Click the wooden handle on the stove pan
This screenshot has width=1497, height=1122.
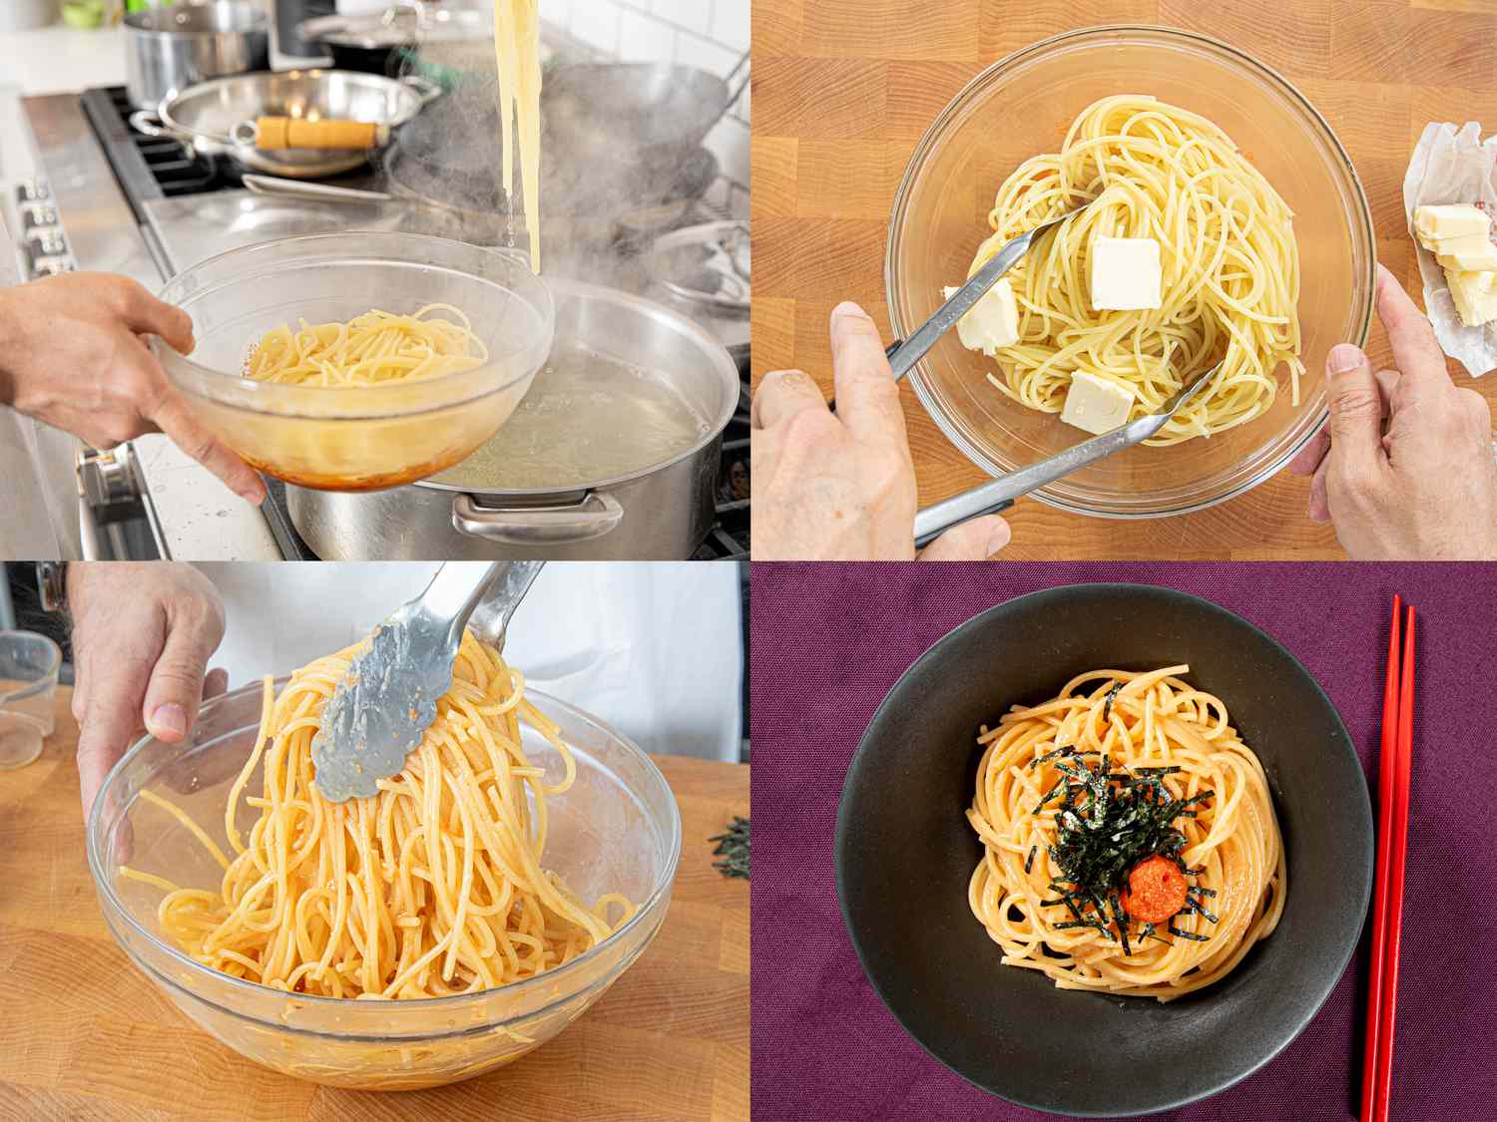pyautogui.click(x=317, y=132)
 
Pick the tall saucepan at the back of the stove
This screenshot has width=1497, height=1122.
pyautogui.click(x=185, y=50)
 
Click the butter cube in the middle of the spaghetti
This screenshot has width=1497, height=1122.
pyautogui.click(x=1125, y=272)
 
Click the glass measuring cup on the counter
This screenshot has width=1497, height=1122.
pyautogui.click(x=25, y=698)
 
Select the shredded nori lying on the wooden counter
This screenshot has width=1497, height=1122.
pyautogui.click(x=734, y=848)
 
